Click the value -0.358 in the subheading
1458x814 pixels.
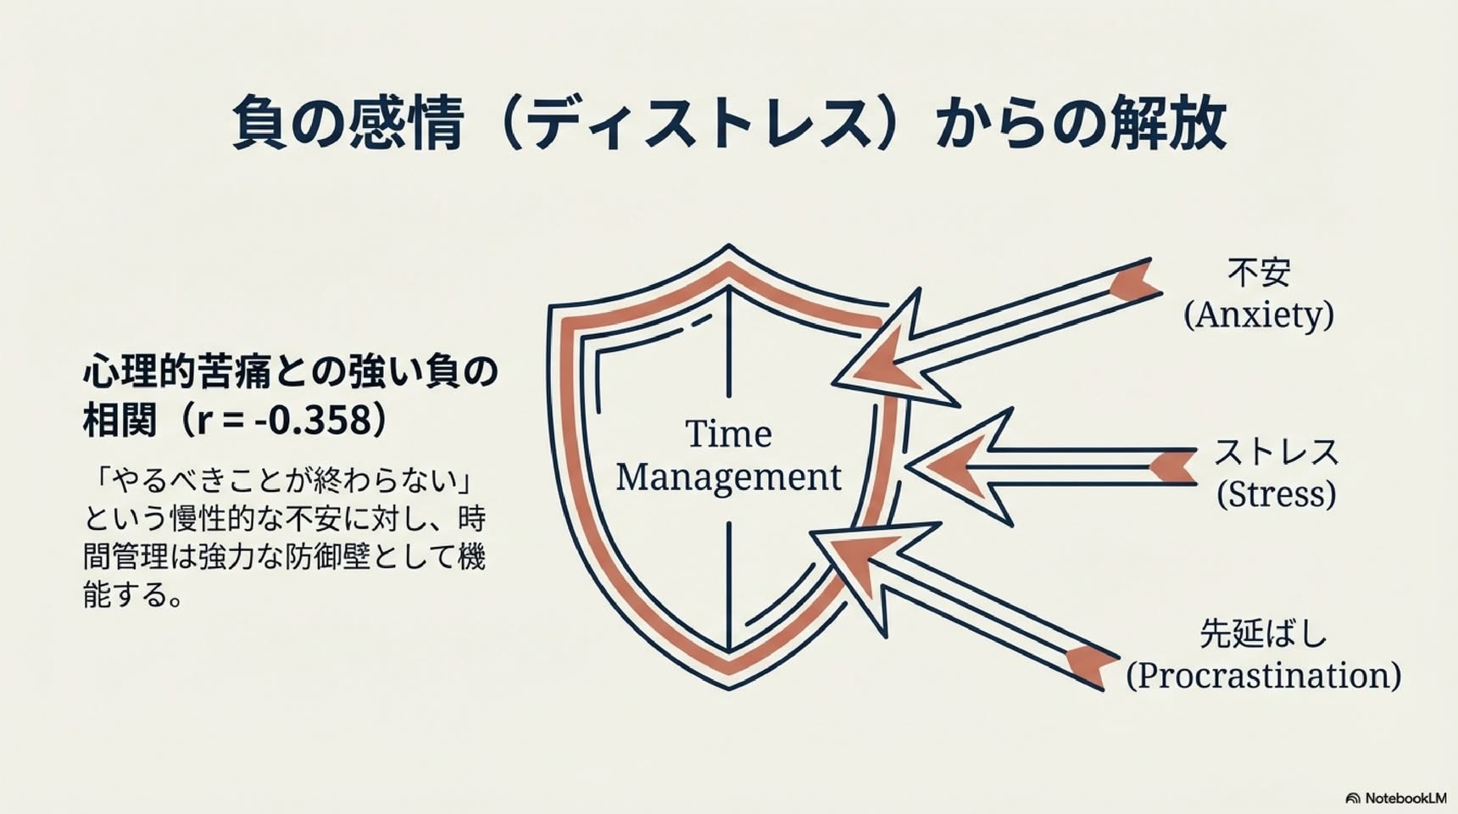click(x=317, y=420)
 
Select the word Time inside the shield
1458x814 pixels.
click(x=728, y=434)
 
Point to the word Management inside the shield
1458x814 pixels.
click(x=728, y=477)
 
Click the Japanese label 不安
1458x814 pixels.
click(x=1259, y=272)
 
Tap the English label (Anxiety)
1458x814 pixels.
click(x=1259, y=315)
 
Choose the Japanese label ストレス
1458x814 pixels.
click(x=1277, y=452)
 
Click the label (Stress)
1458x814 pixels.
click(x=1277, y=494)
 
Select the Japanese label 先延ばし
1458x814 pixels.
click(x=1263, y=633)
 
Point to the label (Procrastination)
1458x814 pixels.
click(x=1263, y=676)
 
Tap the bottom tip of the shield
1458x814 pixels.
click(x=729, y=687)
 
